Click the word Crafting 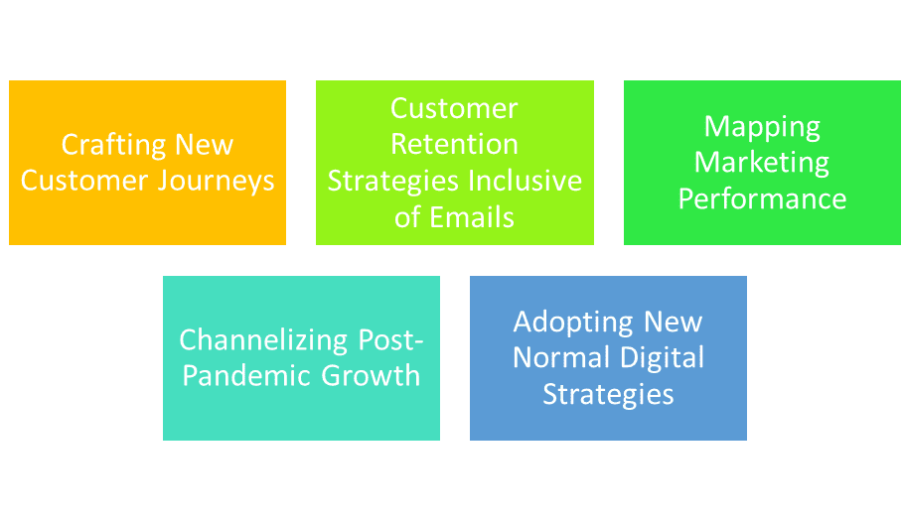(114, 145)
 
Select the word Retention (454, 144)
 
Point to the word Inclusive (525, 181)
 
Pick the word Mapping (762, 128)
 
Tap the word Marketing (761, 164)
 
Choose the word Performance (762, 198)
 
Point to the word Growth (371, 375)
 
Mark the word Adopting (574, 323)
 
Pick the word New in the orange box (205, 144)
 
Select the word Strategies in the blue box (608, 395)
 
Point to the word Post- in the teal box (391, 340)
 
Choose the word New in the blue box (674, 323)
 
